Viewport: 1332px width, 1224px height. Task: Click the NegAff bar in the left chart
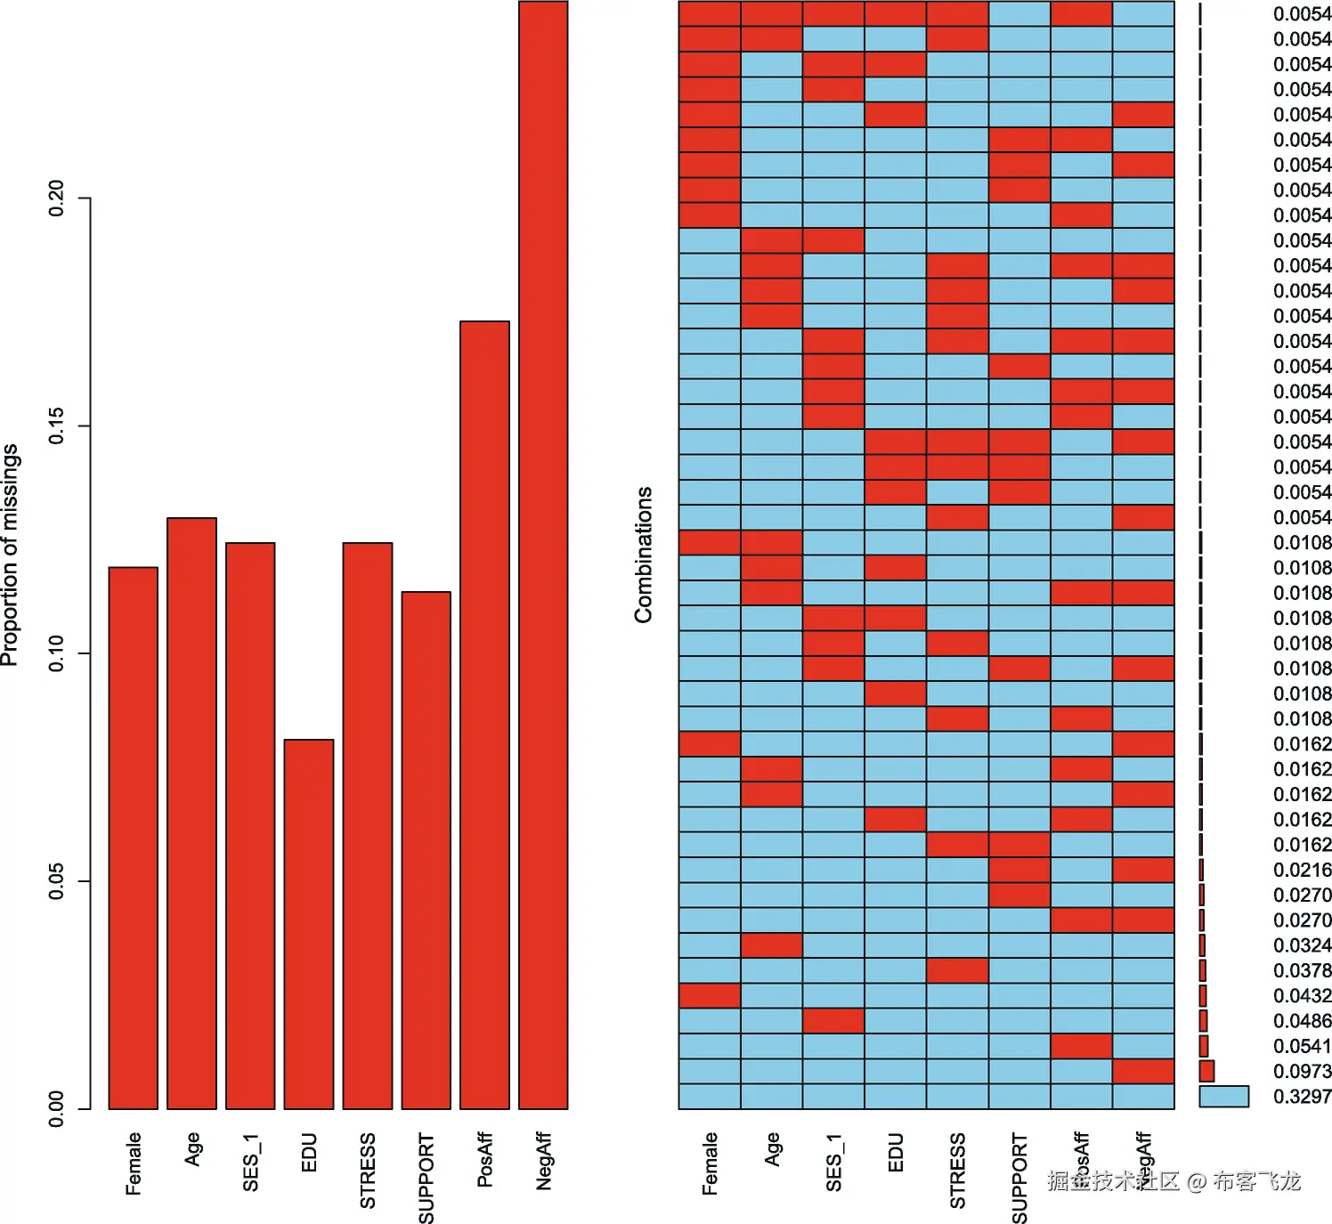pos(543,555)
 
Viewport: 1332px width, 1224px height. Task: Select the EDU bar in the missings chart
pos(308,923)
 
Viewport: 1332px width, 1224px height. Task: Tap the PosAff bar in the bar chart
pos(484,714)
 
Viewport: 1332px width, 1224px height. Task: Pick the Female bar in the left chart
pos(133,837)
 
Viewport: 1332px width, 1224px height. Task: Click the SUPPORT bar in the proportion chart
pos(426,849)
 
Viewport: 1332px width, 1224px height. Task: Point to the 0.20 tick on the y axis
pos(56,198)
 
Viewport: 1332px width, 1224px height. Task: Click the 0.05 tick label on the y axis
pos(56,881)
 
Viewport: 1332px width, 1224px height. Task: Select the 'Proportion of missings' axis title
pos(10,555)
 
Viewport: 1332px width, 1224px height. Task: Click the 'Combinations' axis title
pos(643,555)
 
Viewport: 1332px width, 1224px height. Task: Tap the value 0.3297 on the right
pos(1302,1097)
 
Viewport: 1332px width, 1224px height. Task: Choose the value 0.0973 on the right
pos(1302,1072)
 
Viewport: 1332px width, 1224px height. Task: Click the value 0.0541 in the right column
pos(1302,1046)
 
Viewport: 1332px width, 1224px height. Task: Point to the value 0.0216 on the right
pos(1302,870)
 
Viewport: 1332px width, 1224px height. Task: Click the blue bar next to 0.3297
pos(1223,1097)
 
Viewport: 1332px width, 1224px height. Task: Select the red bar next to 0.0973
pos(1206,1071)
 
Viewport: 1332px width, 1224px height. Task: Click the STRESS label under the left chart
pos(367,1170)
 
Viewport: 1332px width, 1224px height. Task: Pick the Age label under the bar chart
pos(192,1148)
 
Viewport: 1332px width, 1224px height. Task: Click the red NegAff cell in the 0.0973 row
pos(1143,1071)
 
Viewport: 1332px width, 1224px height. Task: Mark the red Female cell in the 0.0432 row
pos(710,995)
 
